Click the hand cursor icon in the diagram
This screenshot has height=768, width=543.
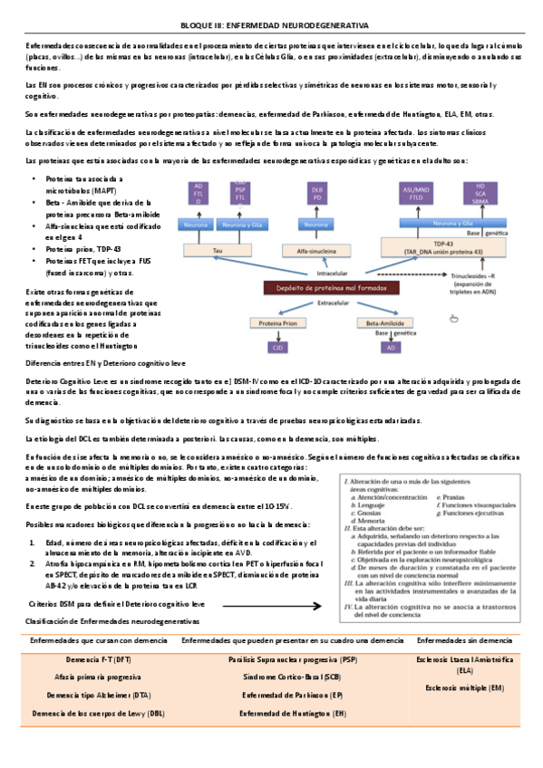click(x=453, y=316)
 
